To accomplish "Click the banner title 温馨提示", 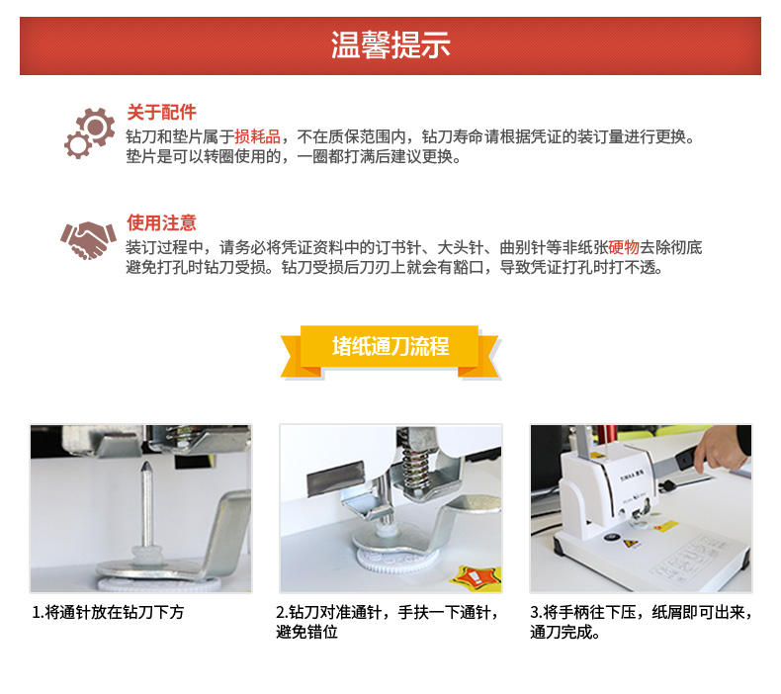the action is (390, 44).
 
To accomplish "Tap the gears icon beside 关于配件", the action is (90, 133).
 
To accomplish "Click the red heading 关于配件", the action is (161, 112).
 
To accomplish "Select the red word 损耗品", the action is (257, 136).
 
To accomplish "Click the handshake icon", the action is (88, 240).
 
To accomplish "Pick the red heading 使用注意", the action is (161, 222).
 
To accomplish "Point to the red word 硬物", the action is (624, 247).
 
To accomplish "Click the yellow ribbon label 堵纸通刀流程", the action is (390, 346).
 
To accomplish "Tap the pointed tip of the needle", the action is (147, 463).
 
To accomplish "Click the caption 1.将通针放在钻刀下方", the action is (108, 612).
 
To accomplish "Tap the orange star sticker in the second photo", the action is (475, 576).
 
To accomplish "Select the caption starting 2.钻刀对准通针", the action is (388, 622).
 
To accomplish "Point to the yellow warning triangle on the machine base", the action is (631, 544).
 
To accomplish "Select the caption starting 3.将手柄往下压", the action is (641, 622).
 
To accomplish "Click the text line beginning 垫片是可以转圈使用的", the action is (294, 157).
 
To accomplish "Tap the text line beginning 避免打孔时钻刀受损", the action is (394, 268).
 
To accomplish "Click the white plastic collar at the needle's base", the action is (147, 554).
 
